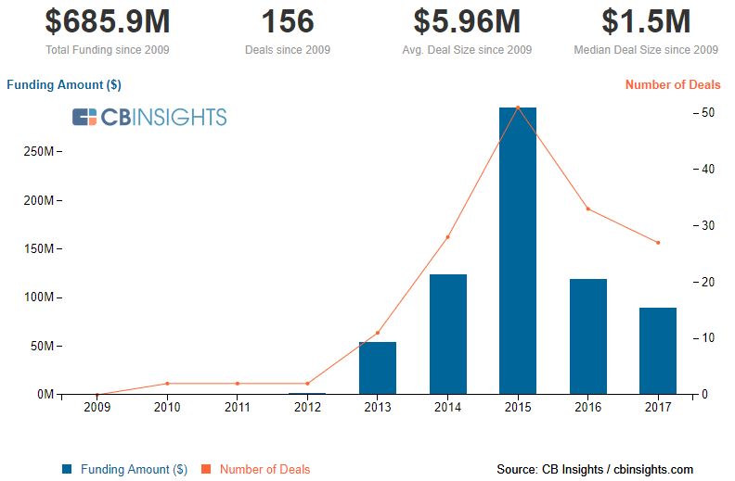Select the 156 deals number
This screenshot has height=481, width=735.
287,22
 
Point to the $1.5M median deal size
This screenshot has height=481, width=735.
646,22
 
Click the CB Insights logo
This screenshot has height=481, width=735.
149,117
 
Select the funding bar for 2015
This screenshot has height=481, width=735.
518,250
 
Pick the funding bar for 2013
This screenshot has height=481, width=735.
378,368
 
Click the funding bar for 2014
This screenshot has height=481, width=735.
447,334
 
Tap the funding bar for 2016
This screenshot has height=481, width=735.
587,336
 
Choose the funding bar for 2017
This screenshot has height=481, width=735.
658,350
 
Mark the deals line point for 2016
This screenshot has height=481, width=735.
587,209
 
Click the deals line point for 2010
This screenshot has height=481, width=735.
167,383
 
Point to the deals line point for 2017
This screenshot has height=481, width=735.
658,243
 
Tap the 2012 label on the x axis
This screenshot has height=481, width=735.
307,407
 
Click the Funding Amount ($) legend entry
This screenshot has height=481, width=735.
124,470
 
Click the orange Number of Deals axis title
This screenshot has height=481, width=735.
672,84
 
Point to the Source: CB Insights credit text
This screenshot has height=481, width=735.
595,470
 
